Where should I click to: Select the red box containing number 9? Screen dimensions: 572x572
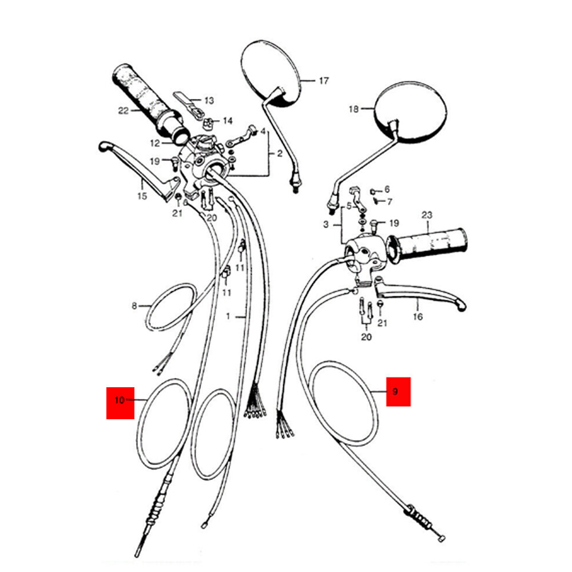(x=398, y=392)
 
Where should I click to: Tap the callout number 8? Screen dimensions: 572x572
(x=135, y=306)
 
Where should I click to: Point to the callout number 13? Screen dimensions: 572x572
(x=209, y=101)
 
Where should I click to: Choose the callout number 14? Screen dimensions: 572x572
(x=228, y=121)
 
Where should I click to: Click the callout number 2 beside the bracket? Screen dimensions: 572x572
(x=280, y=154)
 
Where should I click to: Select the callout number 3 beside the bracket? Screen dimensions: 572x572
(x=326, y=225)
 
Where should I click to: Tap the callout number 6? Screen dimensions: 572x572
(x=387, y=189)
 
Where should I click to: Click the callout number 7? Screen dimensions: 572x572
(x=390, y=201)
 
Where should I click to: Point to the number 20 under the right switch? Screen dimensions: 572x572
(x=366, y=337)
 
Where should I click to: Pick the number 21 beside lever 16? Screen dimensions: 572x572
(x=382, y=324)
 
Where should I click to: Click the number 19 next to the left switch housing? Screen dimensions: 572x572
(x=155, y=162)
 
